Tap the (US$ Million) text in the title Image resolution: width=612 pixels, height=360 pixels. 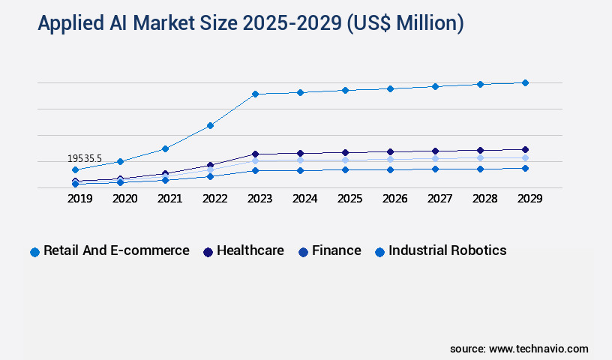click(x=404, y=24)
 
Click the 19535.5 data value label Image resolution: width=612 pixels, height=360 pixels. click(x=85, y=158)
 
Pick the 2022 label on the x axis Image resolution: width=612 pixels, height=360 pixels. click(x=214, y=199)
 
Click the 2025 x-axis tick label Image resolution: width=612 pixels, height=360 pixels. click(x=349, y=199)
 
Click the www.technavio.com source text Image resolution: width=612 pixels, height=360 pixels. click(x=538, y=349)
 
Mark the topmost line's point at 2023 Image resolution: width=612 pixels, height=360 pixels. click(x=255, y=94)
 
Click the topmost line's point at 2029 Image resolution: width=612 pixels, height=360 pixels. click(x=525, y=82)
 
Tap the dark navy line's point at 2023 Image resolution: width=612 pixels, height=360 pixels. click(x=255, y=154)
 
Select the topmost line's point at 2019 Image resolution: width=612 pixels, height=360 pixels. click(x=75, y=169)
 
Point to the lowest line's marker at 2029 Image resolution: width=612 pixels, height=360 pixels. click(x=525, y=168)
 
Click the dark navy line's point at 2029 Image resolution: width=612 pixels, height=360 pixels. click(x=525, y=149)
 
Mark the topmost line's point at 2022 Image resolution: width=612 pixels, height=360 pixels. click(x=210, y=125)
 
